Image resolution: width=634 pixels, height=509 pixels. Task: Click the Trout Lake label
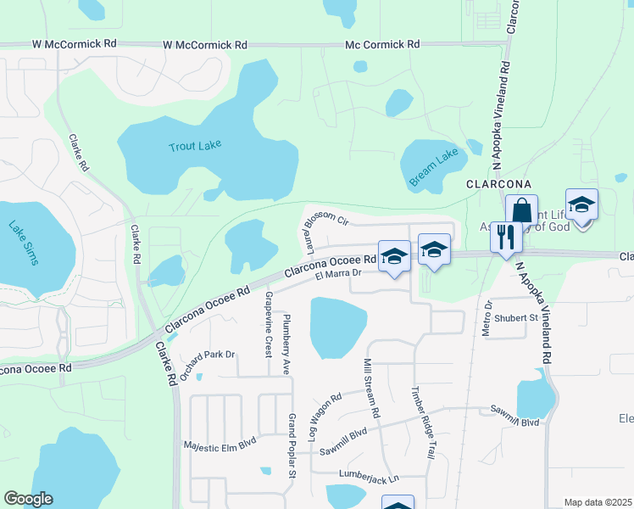(x=195, y=146)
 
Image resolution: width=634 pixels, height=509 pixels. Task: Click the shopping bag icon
(x=522, y=211)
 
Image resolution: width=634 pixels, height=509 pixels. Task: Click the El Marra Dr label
(x=338, y=273)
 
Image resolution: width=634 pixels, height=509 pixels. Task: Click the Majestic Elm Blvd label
(x=220, y=444)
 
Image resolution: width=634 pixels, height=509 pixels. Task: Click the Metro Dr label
(x=487, y=317)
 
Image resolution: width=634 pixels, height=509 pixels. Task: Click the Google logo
(x=29, y=499)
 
